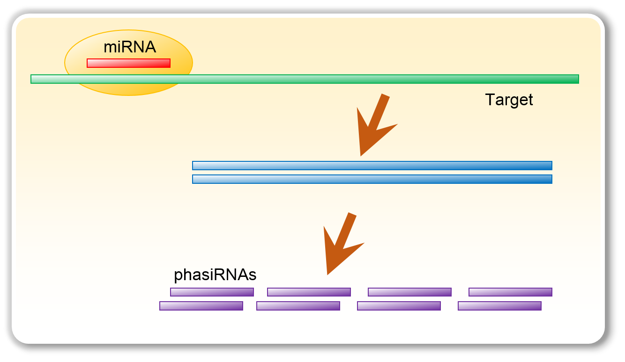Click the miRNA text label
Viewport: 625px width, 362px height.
click(130, 47)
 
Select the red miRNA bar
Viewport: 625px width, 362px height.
click(129, 63)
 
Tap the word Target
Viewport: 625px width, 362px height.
click(509, 100)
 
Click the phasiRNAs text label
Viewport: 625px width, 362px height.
click(215, 275)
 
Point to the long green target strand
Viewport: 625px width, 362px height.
click(305, 79)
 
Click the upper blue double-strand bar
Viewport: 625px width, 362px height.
click(372, 166)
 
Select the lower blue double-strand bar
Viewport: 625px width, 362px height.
click(372, 179)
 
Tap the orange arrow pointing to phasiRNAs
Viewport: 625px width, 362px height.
click(342, 243)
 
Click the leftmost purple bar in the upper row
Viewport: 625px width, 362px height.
click(212, 292)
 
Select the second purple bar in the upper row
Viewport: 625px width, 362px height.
click(309, 292)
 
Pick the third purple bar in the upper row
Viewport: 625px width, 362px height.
click(409, 292)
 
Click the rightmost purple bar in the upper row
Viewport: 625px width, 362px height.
click(510, 292)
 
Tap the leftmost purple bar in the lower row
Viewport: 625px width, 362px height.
click(201, 306)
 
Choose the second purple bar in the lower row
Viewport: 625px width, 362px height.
click(298, 306)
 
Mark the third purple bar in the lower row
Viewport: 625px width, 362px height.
click(399, 306)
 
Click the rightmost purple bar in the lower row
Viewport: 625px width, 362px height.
click(500, 306)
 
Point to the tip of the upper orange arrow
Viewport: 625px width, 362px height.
click(360, 156)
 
